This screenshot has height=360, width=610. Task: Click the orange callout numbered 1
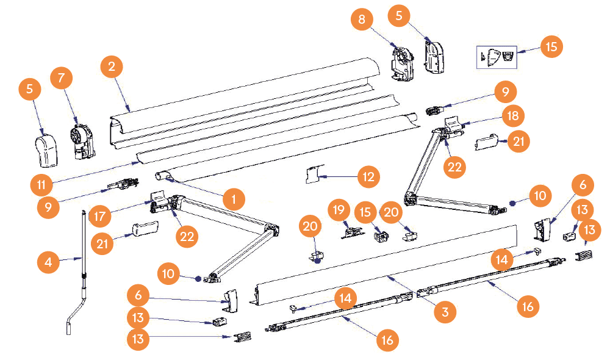coord(234,198)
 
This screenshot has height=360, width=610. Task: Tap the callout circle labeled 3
coord(445,312)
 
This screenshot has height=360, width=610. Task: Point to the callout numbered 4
coord(48,264)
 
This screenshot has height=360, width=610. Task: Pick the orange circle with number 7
coord(62,78)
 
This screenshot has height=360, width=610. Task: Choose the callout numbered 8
coord(362,20)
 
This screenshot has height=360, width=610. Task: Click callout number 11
coord(41,182)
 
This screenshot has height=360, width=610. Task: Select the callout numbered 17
coord(101,215)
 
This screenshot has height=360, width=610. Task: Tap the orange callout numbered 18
coord(512,114)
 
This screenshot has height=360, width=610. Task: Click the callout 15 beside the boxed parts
coord(551,46)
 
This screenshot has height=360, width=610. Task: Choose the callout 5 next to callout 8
coord(399,16)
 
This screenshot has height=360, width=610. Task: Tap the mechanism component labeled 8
coord(402,62)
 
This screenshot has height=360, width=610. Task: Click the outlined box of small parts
coord(496,56)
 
